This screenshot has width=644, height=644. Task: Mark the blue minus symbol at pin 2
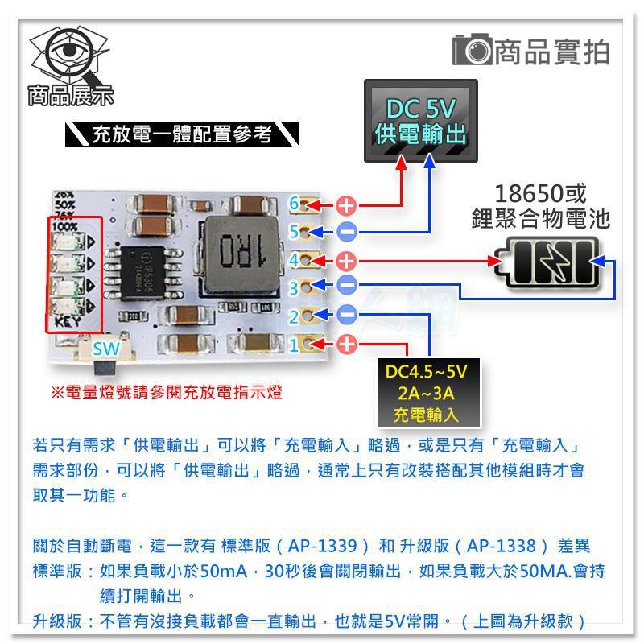tap(347, 315)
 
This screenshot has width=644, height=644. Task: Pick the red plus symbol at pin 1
tap(345, 345)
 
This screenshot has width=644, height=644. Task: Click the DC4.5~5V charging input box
tap(426, 393)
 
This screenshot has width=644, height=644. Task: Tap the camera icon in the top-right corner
tap(471, 51)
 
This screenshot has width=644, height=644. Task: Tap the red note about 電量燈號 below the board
tap(166, 394)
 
